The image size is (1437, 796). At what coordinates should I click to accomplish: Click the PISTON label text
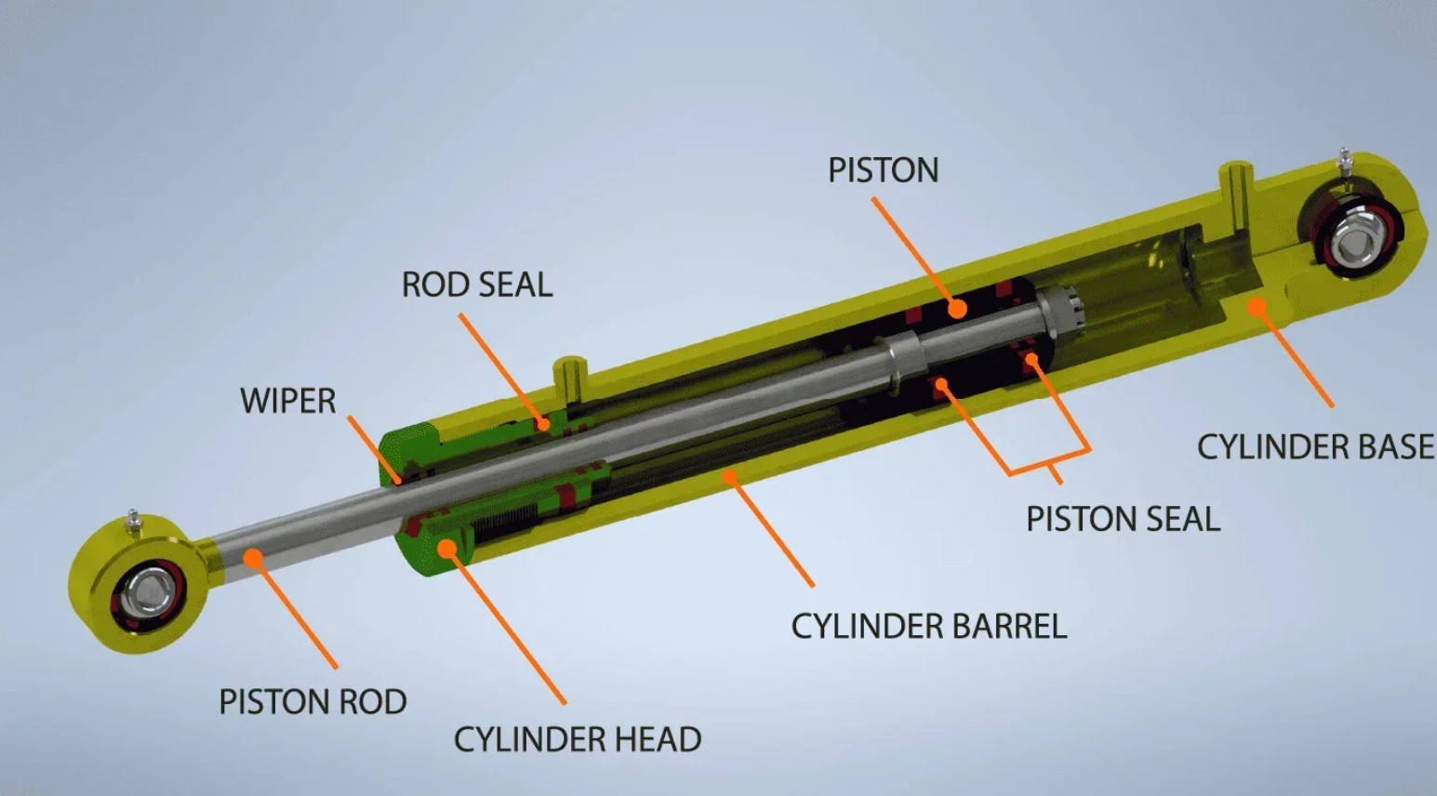click(884, 170)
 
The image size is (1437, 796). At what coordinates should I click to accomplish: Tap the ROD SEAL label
click(477, 285)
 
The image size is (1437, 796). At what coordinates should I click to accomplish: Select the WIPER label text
click(288, 401)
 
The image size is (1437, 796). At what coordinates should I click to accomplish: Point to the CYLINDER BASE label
click(1315, 446)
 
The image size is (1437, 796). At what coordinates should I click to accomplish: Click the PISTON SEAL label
click(1124, 519)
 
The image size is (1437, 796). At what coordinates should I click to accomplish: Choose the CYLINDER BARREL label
click(929, 626)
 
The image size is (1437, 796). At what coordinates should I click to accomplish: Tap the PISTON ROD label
click(313, 702)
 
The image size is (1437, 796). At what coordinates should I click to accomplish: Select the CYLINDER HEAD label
click(578, 739)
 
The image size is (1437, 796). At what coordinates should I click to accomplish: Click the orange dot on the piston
click(957, 309)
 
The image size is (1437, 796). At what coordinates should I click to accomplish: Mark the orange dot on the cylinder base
click(1257, 307)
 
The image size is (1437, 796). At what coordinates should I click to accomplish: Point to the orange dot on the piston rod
click(254, 558)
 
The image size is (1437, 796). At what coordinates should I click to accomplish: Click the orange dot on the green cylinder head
click(446, 548)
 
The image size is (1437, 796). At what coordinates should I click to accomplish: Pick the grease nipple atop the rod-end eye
click(133, 520)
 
